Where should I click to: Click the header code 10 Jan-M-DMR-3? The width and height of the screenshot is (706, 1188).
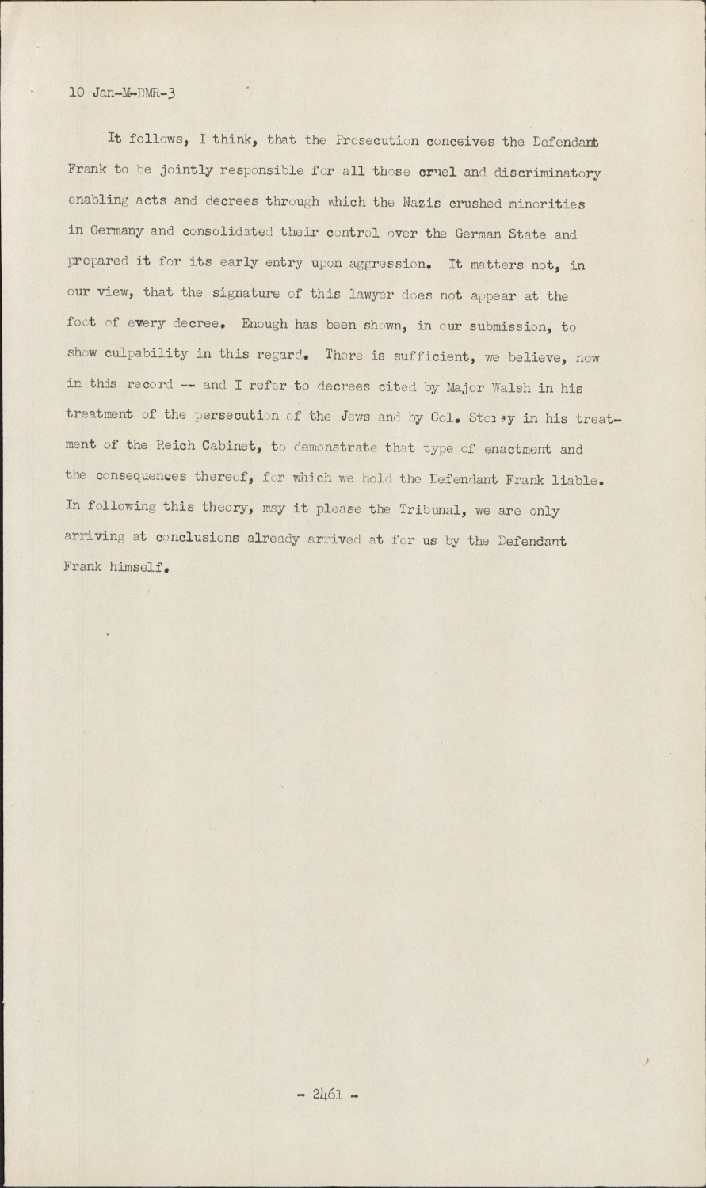pos(122,93)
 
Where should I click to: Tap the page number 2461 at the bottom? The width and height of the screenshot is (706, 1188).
pos(327,1095)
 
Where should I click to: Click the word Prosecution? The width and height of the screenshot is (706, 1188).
pos(376,143)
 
